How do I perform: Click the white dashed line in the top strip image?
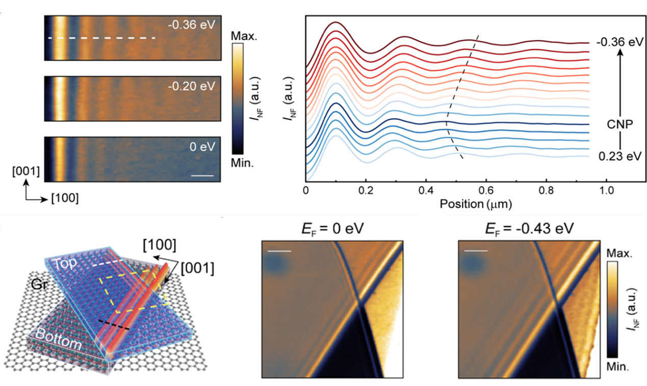tap(101, 38)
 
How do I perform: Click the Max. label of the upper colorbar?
tap(241, 37)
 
